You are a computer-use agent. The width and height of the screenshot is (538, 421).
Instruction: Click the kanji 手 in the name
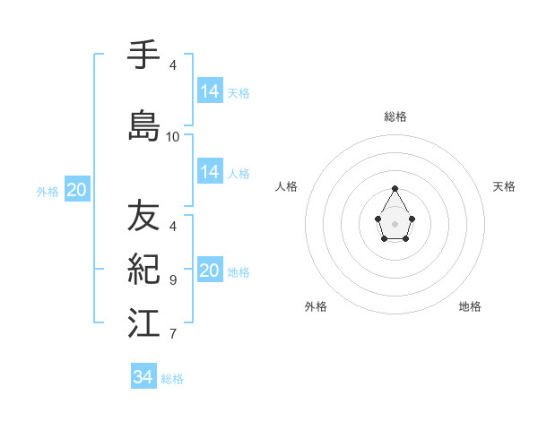(x=143, y=56)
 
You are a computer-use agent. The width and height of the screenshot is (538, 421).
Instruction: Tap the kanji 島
(x=143, y=126)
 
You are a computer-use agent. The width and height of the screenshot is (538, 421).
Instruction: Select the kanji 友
(x=143, y=216)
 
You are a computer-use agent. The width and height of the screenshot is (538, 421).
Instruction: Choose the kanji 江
(x=143, y=323)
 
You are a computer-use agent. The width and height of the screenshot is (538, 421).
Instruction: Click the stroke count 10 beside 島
(x=173, y=137)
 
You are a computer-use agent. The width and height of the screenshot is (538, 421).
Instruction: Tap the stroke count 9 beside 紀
(x=173, y=280)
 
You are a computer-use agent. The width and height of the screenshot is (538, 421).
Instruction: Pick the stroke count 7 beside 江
(x=173, y=334)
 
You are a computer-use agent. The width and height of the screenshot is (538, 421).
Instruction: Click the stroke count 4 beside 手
(x=173, y=65)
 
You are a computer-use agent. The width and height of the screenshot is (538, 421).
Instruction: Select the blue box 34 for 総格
(x=143, y=377)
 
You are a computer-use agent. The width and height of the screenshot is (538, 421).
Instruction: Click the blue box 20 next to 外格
(x=77, y=189)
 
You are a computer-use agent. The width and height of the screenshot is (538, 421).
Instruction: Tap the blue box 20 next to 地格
(x=210, y=271)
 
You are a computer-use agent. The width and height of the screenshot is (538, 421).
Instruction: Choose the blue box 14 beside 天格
(x=210, y=91)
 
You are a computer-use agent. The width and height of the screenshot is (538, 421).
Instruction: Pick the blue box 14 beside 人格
(x=210, y=172)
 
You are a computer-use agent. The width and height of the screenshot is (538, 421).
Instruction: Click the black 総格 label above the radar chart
(x=395, y=116)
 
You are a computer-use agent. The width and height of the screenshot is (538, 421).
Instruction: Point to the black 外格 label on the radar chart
(x=316, y=306)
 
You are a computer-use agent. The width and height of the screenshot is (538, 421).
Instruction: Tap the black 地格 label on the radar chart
(x=470, y=306)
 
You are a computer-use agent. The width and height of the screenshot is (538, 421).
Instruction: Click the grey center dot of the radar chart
(x=395, y=222)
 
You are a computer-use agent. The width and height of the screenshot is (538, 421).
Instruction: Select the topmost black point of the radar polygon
(x=395, y=188)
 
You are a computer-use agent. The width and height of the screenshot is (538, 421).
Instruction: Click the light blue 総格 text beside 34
(x=172, y=379)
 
